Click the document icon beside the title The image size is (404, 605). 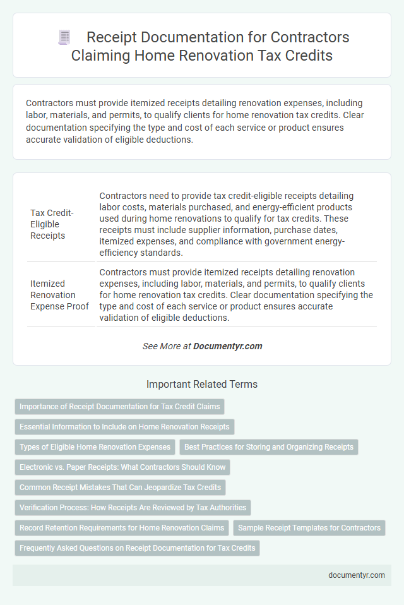pyautogui.click(x=64, y=37)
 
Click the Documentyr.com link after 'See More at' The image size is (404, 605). pyautogui.click(x=227, y=346)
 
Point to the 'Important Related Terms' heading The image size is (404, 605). pyautogui.click(x=202, y=384)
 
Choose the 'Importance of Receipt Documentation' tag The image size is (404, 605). pyautogui.click(x=119, y=407)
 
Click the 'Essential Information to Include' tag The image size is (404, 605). pyautogui.click(x=124, y=427)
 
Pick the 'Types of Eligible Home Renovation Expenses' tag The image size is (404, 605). pyautogui.click(x=95, y=447)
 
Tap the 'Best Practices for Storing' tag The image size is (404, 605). pyautogui.click(x=268, y=447)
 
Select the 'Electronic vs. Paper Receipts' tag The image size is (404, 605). pyautogui.click(x=122, y=467)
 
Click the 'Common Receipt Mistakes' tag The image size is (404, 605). pyautogui.click(x=120, y=488)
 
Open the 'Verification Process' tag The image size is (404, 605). pyautogui.click(x=133, y=508)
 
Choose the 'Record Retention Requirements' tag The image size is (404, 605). pyautogui.click(x=122, y=528)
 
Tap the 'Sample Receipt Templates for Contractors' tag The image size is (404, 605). pyautogui.click(x=309, y=528)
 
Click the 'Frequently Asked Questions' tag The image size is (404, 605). pyautogui.click(x=137, y=548)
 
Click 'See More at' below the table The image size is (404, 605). pyautogui.click(x=167, y=346)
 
